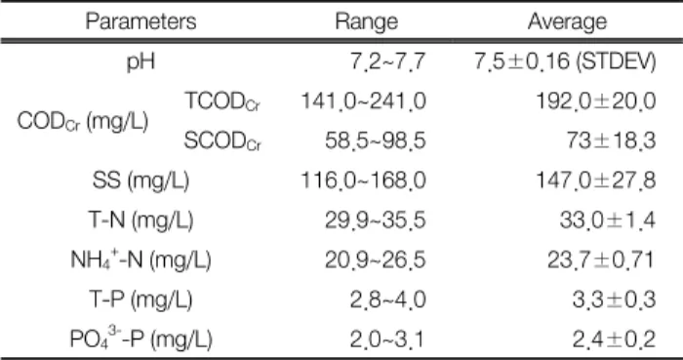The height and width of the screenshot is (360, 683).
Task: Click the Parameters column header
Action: [141, 20]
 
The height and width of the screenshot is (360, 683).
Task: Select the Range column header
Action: [366, 21]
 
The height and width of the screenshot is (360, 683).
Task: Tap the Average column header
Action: [567, 21]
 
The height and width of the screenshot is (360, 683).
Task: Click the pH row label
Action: [141, 62]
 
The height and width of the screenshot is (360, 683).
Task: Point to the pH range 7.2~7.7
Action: [387, 61]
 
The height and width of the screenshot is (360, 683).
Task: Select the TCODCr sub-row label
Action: [222, 101]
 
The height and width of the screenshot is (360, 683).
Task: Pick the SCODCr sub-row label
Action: [222, 141]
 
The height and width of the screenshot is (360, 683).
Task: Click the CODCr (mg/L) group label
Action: [83, 122]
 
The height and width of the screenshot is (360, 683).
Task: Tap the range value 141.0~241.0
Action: [364, 101]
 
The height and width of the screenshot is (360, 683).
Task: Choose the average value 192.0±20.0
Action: [595, 101]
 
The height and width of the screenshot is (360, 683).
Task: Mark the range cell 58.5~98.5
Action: [375, 141]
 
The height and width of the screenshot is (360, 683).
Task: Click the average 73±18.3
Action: [611, 141]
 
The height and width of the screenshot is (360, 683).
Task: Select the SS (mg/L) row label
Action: [141, 181]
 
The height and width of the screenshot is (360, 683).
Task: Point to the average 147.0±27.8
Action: [595, 180]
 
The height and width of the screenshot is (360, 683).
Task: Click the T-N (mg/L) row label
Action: [141, 220]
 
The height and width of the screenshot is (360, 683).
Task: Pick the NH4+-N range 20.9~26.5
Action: [375, 260]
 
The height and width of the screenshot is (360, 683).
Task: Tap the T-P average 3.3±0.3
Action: [614, 300]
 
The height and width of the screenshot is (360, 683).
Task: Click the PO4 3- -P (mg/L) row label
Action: [141, 340]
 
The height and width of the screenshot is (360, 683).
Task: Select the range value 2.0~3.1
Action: [386, 340]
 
